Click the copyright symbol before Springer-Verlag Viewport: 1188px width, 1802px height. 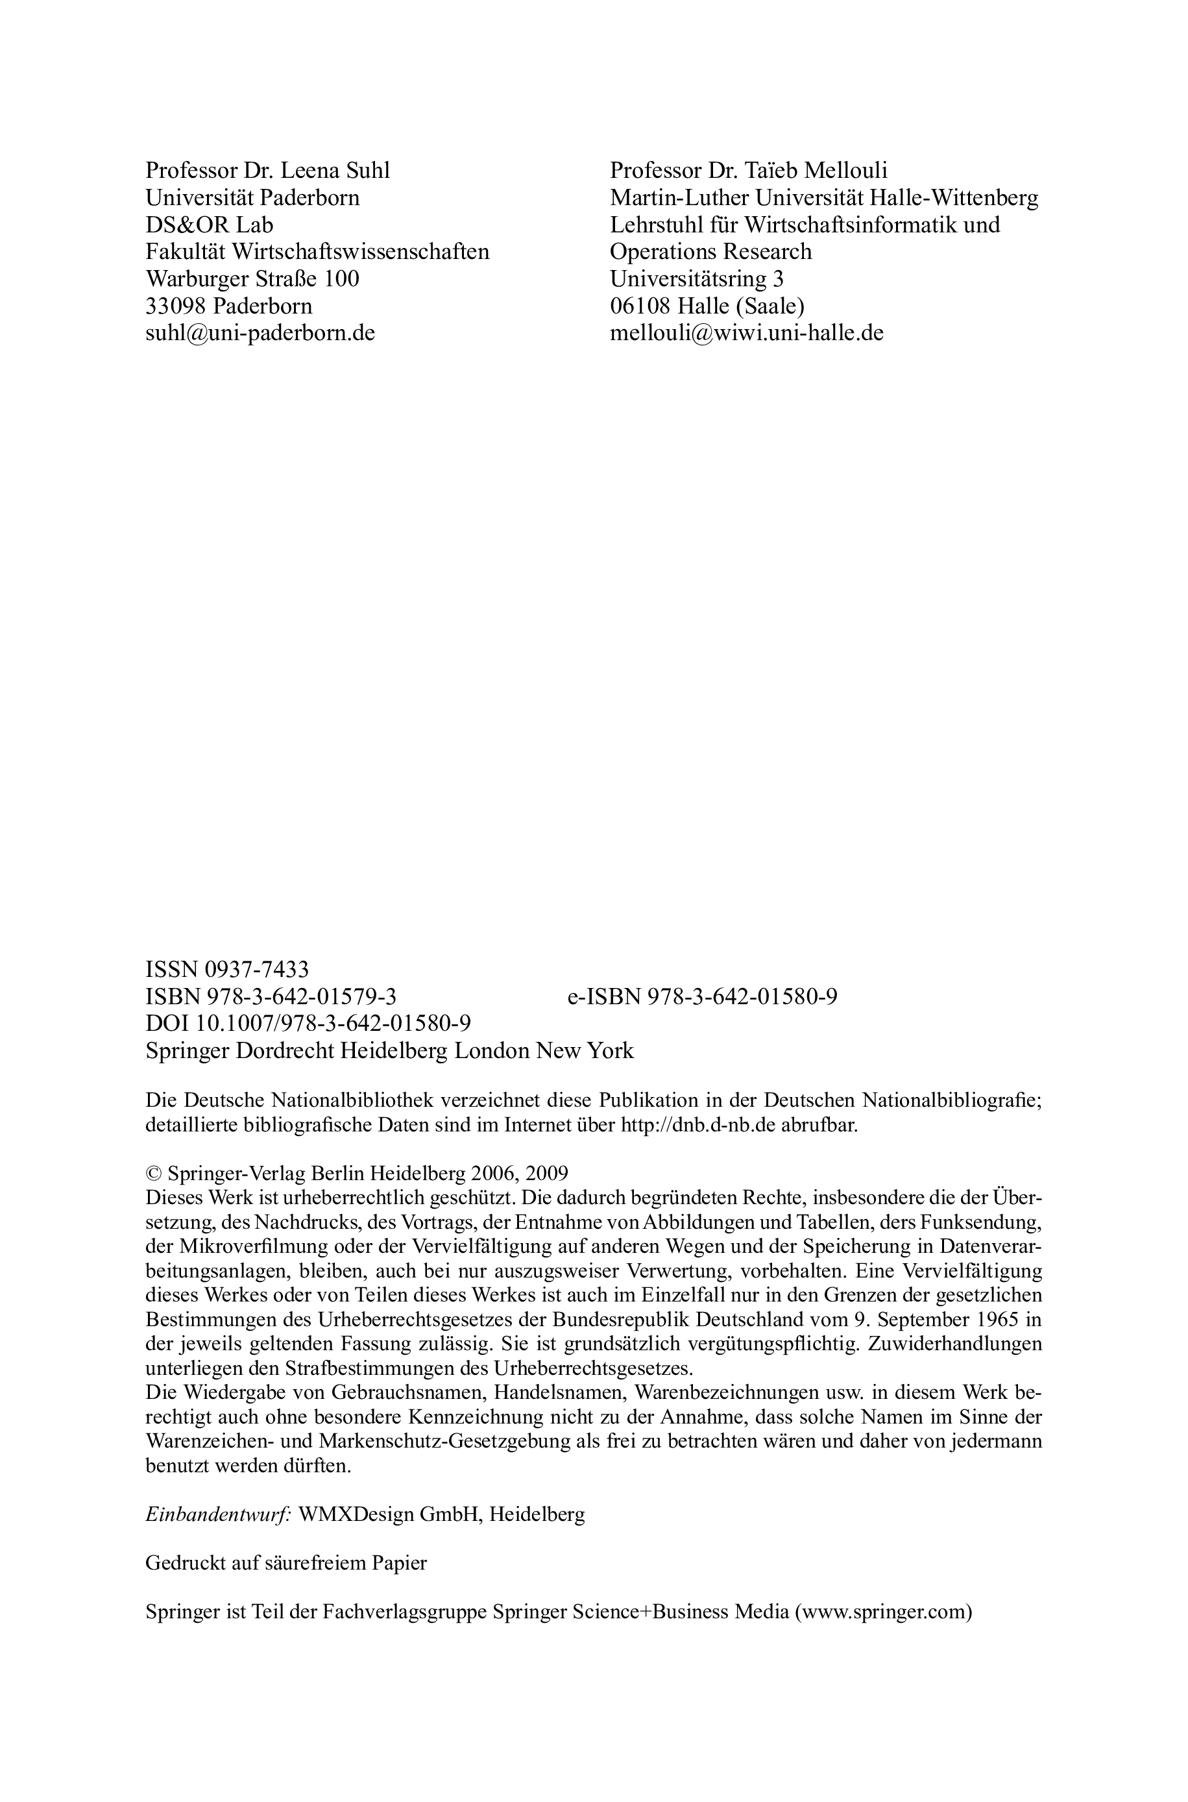(154, 1174)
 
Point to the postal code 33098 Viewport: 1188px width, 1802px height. (176, 306)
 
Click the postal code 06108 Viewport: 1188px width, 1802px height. (640, 306)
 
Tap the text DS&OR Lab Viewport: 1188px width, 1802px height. (209, 225)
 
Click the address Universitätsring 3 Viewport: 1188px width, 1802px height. (696, 279)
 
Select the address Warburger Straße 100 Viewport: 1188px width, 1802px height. (252, 279)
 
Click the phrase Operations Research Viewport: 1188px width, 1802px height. (710, 252)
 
